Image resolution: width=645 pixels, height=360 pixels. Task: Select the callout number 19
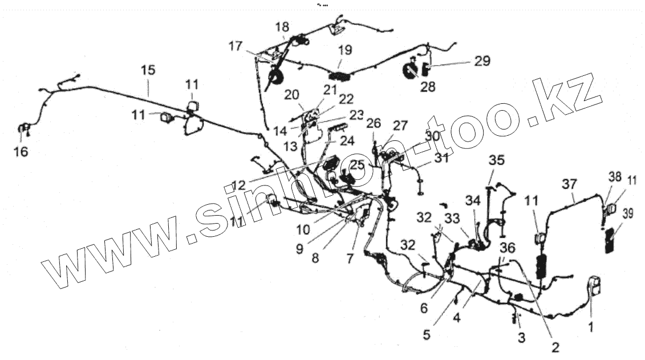[x=344, y=50]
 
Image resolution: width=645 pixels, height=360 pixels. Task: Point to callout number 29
[x=482, y=61]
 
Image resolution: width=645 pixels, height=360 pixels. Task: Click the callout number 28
[x=427, y=87]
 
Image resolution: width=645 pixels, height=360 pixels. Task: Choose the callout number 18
[x=282, y=27]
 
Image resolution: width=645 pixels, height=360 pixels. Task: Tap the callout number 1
[x=591, y=327]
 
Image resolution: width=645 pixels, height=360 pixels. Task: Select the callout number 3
[x=521, y=337]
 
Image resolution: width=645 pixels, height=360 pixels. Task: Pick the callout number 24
[x=347, y=141]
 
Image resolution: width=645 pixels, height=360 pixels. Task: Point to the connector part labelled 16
[x=25, y=130]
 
